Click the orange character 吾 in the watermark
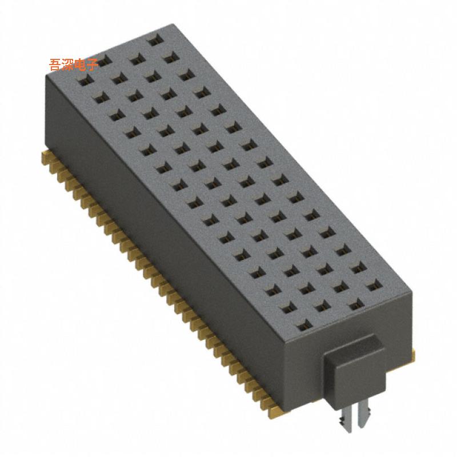tap(56, 64)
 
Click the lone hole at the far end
tap(153, 41)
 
